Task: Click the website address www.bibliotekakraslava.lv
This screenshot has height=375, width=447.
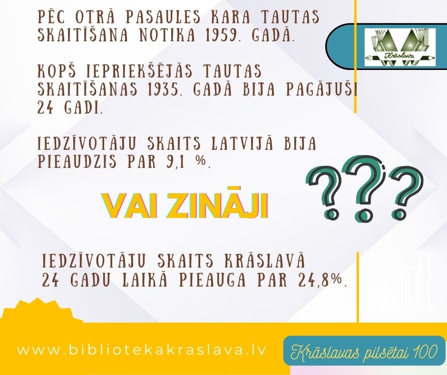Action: (x=142, y=350)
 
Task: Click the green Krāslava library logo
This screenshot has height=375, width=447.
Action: (x=400, y=47)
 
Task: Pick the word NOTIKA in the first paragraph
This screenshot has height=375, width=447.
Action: (x=167, y=35)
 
